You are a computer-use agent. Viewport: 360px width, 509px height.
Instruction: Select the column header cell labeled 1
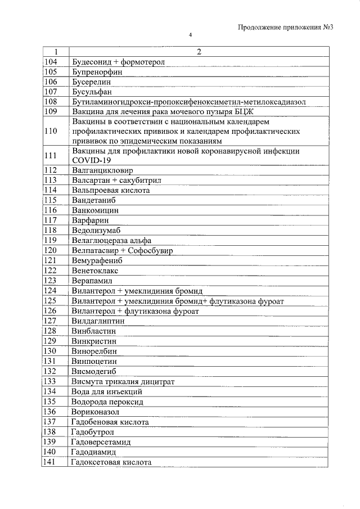55,52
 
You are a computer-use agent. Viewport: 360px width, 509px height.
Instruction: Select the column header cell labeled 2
198,52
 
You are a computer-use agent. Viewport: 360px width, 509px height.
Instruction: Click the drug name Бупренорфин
97,71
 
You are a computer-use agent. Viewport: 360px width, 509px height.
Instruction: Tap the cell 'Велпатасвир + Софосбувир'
123,250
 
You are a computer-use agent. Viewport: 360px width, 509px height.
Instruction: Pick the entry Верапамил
92,280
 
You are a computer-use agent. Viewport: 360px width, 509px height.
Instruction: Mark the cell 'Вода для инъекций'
107,391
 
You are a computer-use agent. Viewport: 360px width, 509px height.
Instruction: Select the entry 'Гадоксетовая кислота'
112,462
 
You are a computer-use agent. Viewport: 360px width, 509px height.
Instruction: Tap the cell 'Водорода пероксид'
107,402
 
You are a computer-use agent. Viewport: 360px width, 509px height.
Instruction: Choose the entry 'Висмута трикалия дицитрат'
123,381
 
